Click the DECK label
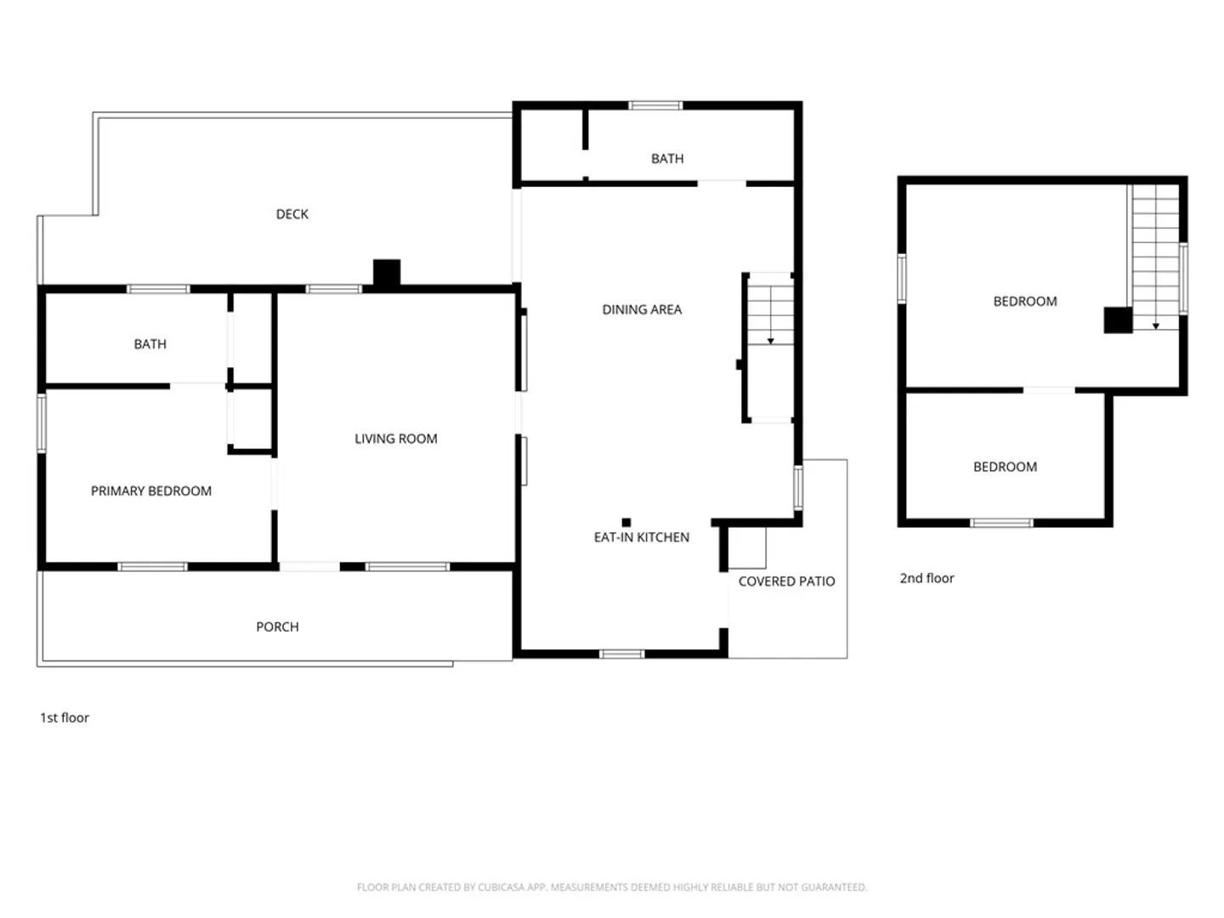tap(292, 214)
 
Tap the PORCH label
tap(277, 626)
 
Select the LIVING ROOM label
tap(395, 439)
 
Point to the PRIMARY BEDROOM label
tap(151, 491)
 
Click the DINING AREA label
tap(641, 309)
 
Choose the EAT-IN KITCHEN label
tap(641, 537)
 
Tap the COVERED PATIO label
tap(786, 581)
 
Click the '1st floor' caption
tap(64, 718)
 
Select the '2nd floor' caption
tap(926, 579)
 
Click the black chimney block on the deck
tap(387, 273)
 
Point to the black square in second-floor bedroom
tap(1118, 320)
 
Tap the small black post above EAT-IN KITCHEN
tap(626, 522)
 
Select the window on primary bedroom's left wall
tap(42, 423)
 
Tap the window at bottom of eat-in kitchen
tap(621, 654)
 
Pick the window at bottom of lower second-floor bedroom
tap(1001, 523)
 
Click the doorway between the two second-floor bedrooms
tap(1048, 390)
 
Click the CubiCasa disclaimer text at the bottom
tap(612, 887)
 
